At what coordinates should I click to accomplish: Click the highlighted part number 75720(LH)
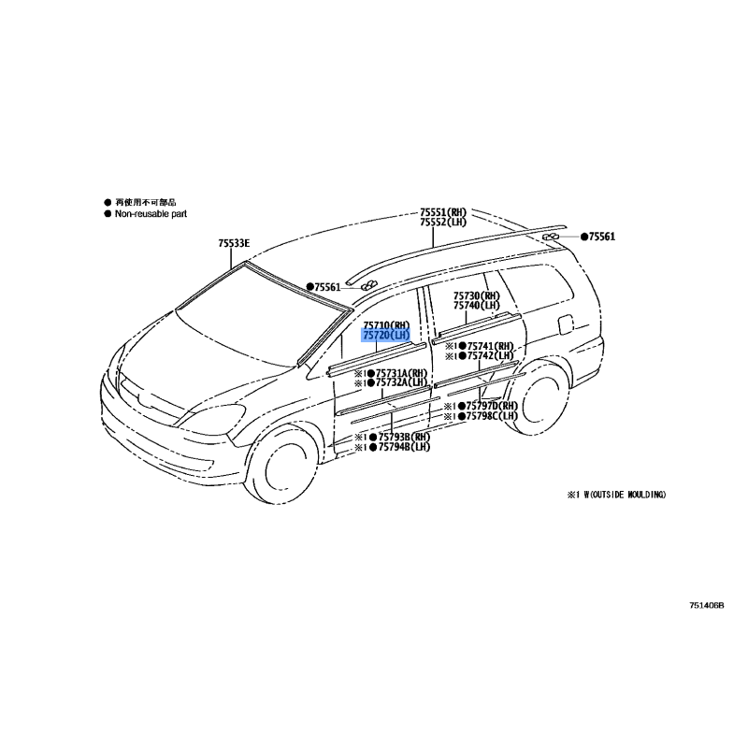386,336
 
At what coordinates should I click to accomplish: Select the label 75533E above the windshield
234,243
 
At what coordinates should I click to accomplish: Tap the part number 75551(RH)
443,212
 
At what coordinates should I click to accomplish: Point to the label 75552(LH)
443,223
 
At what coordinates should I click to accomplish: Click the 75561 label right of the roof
601,237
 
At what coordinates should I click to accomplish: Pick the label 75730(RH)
476,295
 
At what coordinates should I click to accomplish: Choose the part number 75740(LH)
476,306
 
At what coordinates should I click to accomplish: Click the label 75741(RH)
490,346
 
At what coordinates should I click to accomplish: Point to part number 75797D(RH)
492,406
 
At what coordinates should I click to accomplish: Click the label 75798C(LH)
492,416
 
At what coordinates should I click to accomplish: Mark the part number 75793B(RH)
404,437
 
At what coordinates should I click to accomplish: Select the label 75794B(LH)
404,447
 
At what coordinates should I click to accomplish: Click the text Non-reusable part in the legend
151,214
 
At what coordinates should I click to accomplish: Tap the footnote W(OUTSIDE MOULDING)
625,495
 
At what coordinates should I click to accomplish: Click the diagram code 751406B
707,605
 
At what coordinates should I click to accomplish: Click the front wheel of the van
281,464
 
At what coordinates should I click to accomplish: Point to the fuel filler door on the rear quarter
566,324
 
